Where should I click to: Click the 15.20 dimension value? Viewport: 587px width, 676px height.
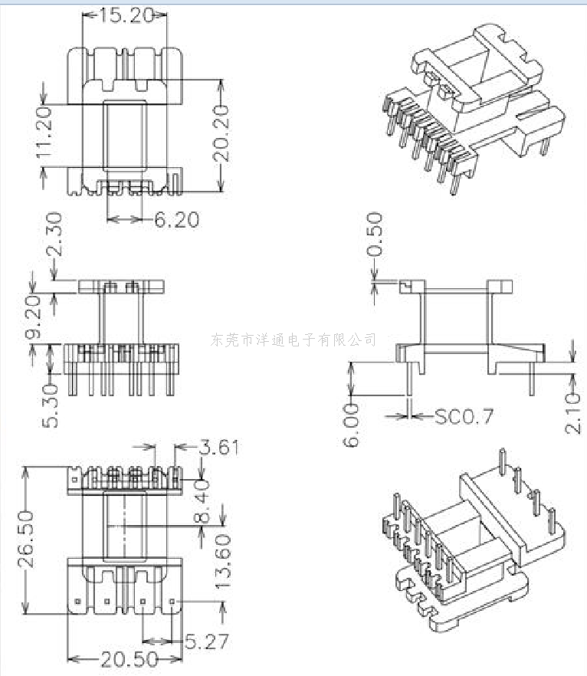click(126, 16)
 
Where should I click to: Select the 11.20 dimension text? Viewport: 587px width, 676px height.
click(44, 132)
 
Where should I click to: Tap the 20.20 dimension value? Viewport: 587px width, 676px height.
click(221, 133)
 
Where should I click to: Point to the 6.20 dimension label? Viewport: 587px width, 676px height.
click(177, 220)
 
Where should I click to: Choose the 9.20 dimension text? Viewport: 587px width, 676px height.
click(33, 317)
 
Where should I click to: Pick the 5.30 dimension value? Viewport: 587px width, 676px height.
click(51, 406)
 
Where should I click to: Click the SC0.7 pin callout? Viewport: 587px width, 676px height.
click(464, 416)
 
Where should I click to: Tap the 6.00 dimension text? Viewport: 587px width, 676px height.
click(351, 425)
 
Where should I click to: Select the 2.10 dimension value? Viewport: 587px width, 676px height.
click(572, 412)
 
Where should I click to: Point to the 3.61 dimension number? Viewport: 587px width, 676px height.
click(218, 448)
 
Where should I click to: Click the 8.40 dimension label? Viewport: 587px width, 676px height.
click(202, 501)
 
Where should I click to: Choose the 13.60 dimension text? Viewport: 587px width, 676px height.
click(223, 562)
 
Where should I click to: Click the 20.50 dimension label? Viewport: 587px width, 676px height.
click(130, 659)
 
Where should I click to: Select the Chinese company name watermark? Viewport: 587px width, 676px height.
click(293, 340)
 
